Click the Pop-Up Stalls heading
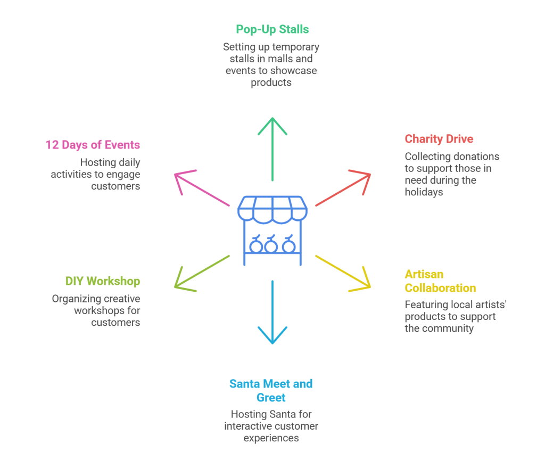tap(272, 29)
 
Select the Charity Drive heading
tap(439, 139)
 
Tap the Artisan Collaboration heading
tap(440, 281)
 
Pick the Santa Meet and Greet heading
tap(271, 390)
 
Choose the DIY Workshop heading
tap(103, 281)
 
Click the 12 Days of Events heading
tap(93, 145)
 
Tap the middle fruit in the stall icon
tap(272, 245)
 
